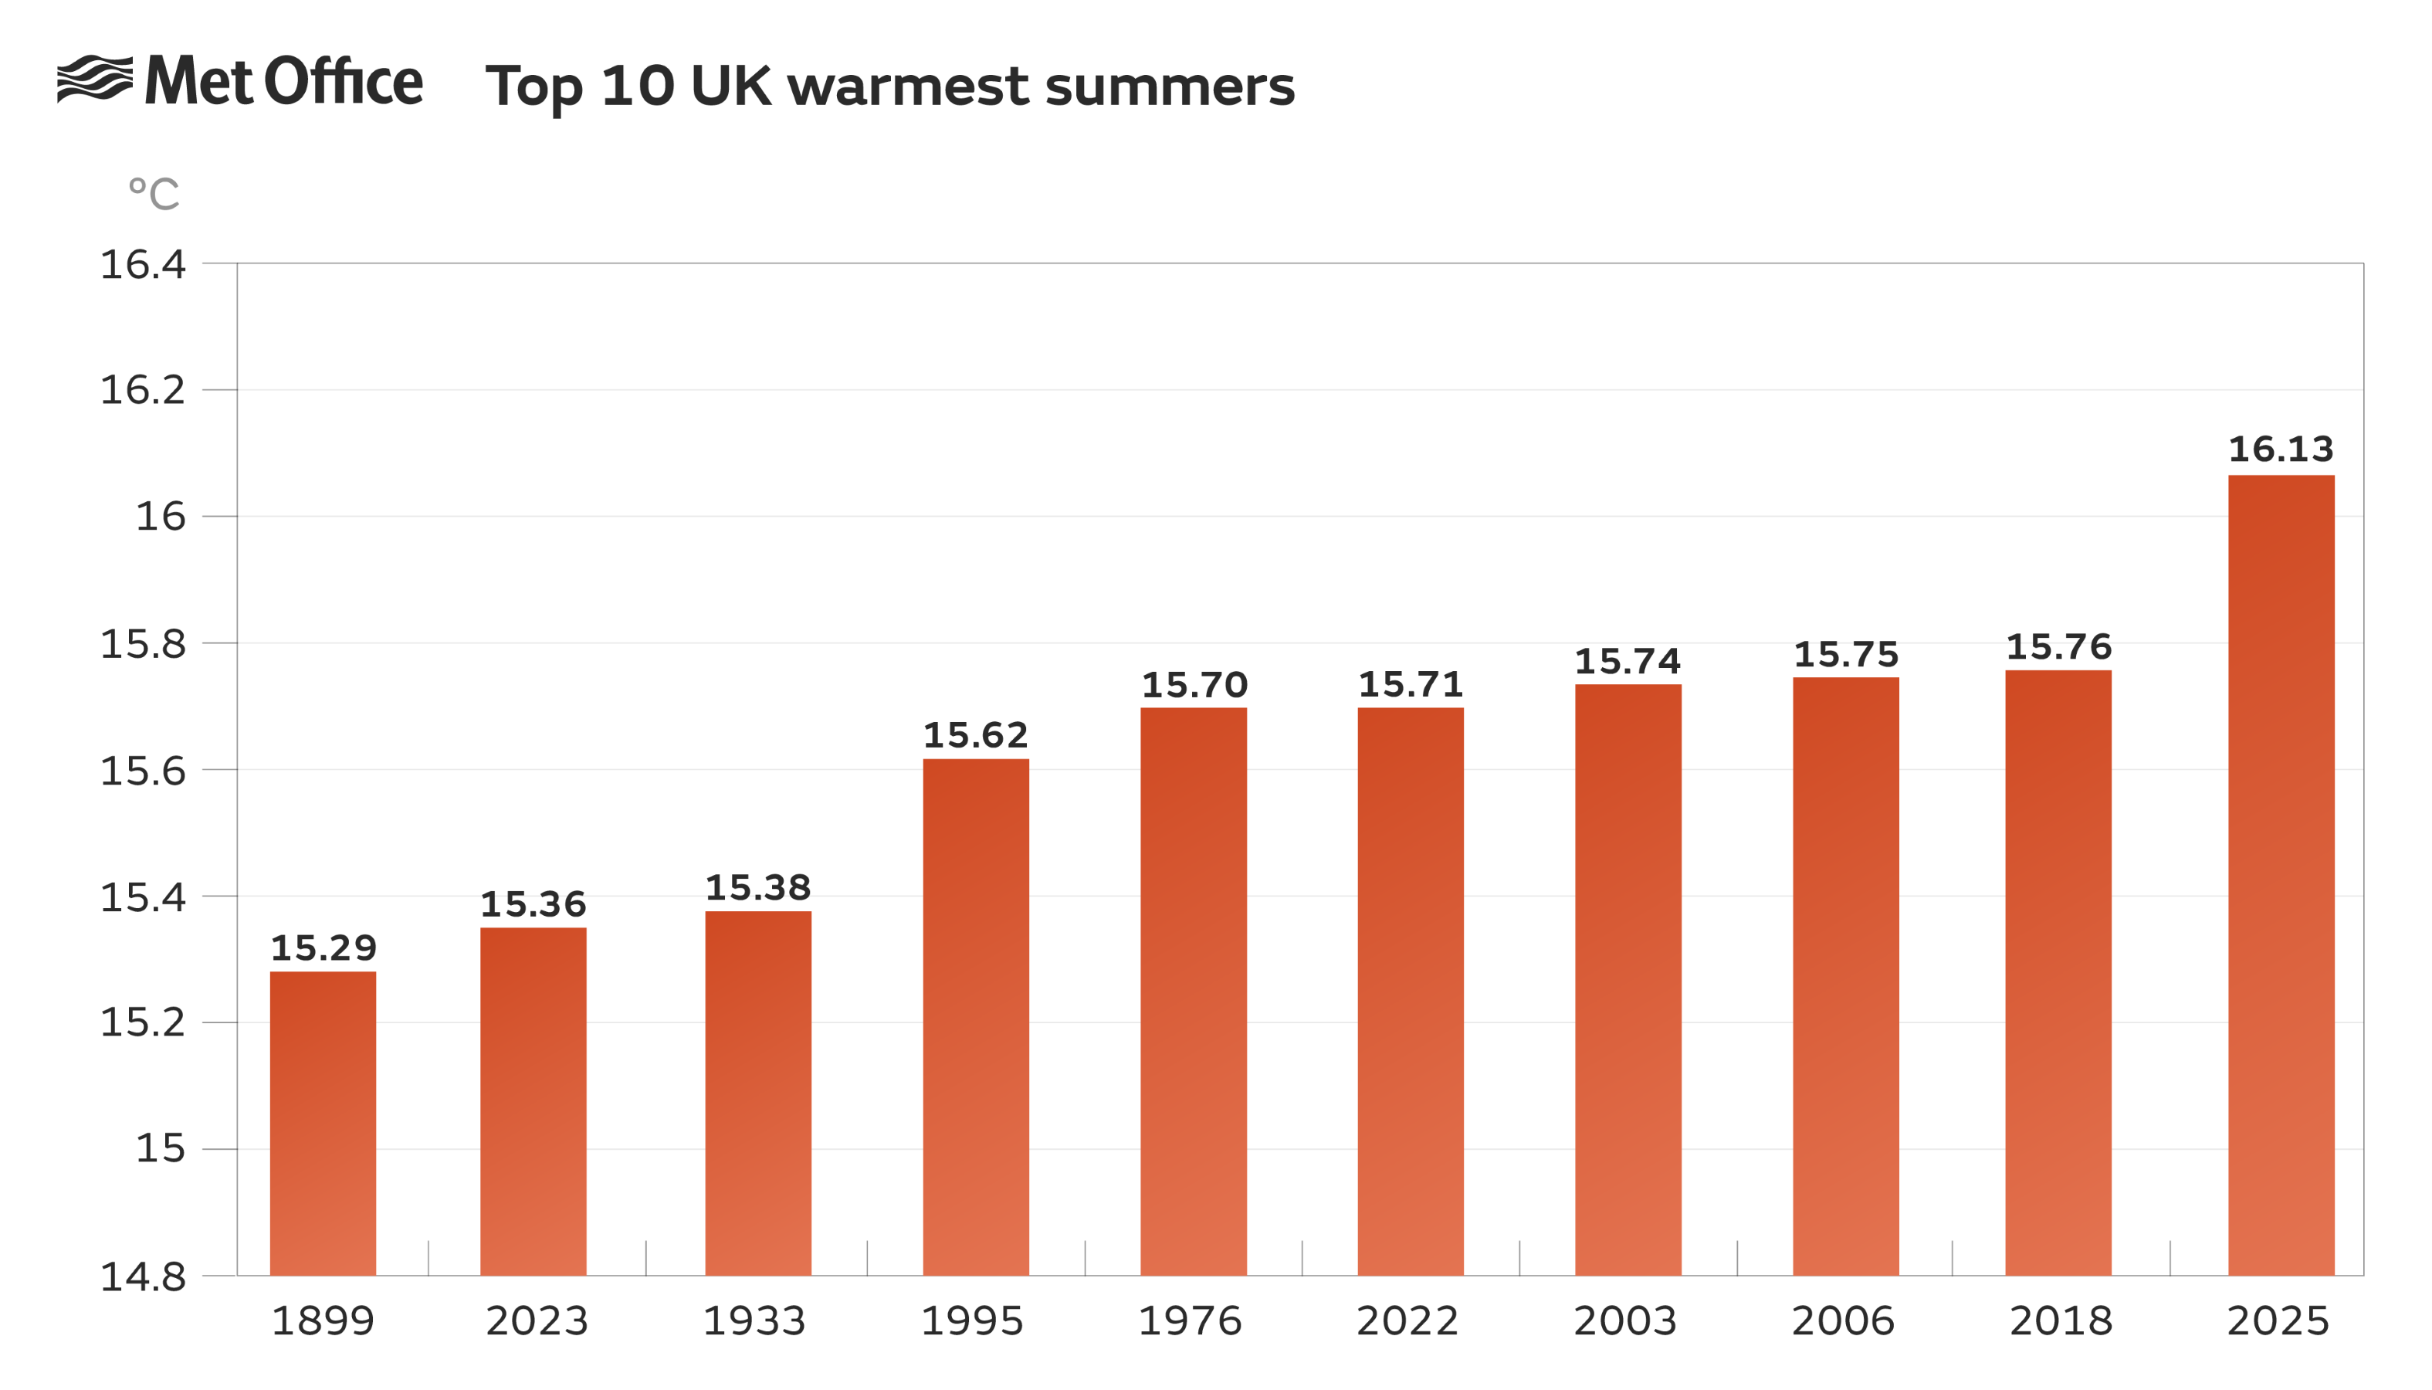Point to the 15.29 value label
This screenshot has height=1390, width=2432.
(x=323, y=948)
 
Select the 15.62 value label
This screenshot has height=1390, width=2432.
(x=975, y=735)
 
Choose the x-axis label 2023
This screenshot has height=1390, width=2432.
(x=537, y=1321)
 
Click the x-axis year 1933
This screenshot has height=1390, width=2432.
(x=754, y=1321)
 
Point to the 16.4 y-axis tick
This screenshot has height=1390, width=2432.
(x=143, y=264)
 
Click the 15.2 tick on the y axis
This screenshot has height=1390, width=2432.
(x=143, y=1022)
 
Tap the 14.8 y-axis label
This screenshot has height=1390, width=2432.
(x=143, y=1277)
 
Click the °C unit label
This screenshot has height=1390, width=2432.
(x=154, y=194)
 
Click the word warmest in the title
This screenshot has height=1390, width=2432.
(x=908, y=86)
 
